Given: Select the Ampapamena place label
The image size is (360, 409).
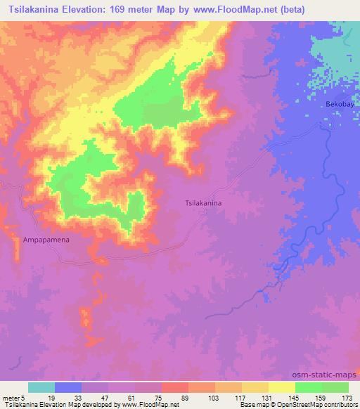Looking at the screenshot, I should (x=46, y=239).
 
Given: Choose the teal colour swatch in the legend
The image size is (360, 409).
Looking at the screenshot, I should (x=41, y=387).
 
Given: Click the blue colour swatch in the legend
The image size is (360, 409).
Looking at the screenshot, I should (x=68, y=387).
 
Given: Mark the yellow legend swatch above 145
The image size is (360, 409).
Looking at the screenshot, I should (x=281, y=387).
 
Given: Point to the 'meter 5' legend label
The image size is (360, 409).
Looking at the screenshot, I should (x=15, y=397).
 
